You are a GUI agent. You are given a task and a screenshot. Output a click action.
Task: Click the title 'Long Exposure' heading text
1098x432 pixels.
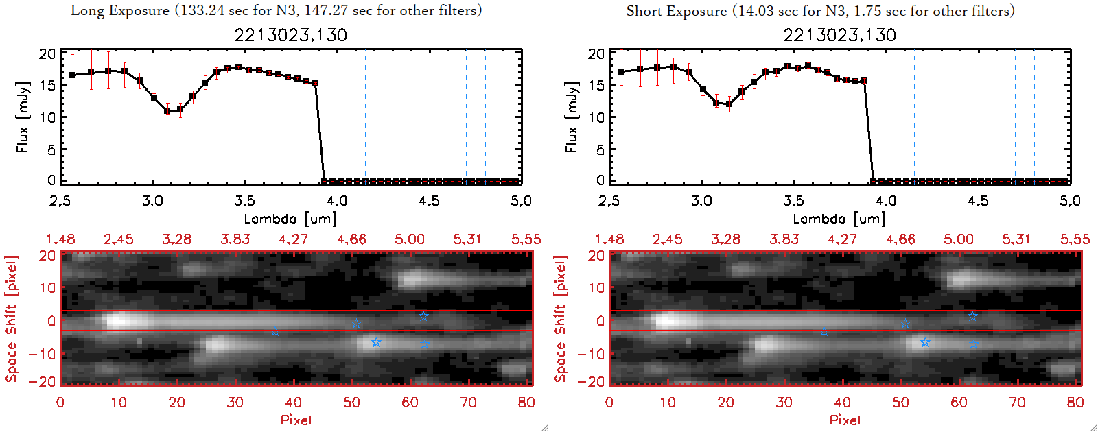pos(120,10)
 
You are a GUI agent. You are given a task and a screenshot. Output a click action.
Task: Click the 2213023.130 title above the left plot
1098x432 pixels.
pos(290,35)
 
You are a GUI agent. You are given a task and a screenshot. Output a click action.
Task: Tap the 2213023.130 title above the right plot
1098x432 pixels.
pos(839,35)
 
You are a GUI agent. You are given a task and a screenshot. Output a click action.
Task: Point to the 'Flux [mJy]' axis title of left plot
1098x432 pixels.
pos(23,117)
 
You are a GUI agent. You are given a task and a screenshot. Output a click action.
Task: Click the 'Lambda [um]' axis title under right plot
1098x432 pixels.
pos(839,219)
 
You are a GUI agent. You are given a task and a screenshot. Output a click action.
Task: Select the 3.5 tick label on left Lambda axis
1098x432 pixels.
pos(244,201)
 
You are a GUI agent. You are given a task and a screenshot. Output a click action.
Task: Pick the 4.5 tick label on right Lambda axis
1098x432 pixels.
pos(978,201)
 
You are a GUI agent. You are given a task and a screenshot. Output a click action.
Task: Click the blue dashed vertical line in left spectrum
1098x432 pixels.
pos(365,117)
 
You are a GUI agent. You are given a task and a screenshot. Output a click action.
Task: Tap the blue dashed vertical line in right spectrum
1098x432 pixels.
pos(914,117)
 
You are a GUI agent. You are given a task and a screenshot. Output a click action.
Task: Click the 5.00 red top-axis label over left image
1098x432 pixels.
pos(409,239)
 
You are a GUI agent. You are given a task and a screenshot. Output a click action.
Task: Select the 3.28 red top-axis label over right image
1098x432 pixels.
pos(725,239)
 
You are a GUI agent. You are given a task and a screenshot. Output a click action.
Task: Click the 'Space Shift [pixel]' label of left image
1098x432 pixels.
pos(12,319)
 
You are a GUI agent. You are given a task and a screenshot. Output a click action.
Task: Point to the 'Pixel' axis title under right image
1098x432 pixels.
pos(845,420)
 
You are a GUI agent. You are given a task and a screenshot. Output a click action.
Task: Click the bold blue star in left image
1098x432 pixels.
pos(376,342)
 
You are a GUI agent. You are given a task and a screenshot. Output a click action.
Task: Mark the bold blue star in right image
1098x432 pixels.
pos(925,342)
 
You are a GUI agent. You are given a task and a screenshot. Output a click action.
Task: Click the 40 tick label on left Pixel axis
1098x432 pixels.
pos(293,403)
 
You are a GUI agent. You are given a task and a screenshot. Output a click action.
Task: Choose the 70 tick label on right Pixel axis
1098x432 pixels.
pos(1017,403)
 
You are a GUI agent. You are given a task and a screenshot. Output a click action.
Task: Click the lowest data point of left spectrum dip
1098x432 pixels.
pos(167,110)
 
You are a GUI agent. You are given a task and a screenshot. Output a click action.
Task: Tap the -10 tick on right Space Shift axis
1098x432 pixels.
pos(592,353)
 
